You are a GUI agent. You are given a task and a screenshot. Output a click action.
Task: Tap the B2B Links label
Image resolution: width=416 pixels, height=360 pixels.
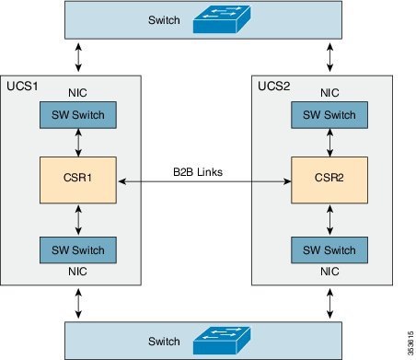198,171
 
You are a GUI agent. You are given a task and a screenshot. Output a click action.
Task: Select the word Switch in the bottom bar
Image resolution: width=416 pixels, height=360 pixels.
166,341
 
